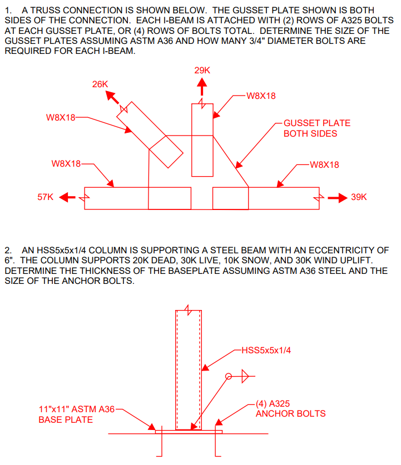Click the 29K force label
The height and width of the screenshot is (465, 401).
point(202,71)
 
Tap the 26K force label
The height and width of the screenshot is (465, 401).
point(100,84)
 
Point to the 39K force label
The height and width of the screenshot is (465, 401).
point(359,198)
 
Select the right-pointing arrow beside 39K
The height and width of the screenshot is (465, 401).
point(336,198)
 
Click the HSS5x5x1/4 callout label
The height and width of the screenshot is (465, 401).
point(266,350)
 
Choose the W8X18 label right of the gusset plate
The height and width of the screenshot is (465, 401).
point(324,164)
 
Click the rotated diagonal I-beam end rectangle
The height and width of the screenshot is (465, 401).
point(166,151)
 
